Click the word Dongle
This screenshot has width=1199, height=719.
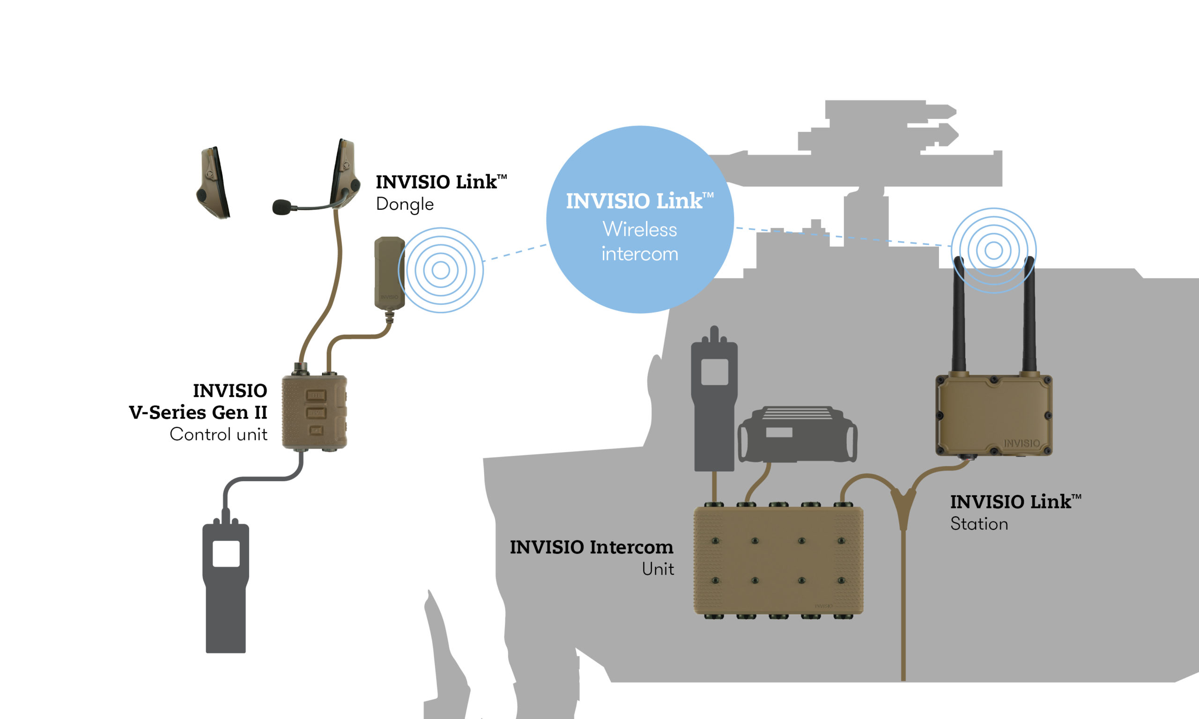tap(405, 205)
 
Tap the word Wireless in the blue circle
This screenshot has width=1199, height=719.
tap(640, 229)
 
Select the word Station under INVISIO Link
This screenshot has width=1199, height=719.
tap(979, 524)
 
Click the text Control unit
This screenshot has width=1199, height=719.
tap(219, 434)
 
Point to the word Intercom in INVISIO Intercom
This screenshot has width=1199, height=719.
tap(632, 547)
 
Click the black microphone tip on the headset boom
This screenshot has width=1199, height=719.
tap(281, 207)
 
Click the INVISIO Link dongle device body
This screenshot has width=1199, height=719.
tap(389, 273)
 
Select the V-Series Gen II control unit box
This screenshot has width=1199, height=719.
tap(315, 412)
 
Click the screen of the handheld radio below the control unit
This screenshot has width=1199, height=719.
tap(226, 553)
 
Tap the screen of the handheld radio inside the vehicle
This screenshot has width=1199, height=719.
tap(714, 372)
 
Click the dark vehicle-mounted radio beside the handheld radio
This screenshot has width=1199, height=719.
tap(797, 434)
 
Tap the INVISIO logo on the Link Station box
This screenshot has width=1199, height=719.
tap(1021, 443)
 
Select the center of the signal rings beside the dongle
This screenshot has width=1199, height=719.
tap(441, 271)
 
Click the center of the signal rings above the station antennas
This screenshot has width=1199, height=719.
tap(993, 250)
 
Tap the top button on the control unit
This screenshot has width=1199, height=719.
tap(316, 396)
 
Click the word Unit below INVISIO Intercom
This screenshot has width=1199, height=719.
tap(658, 569)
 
